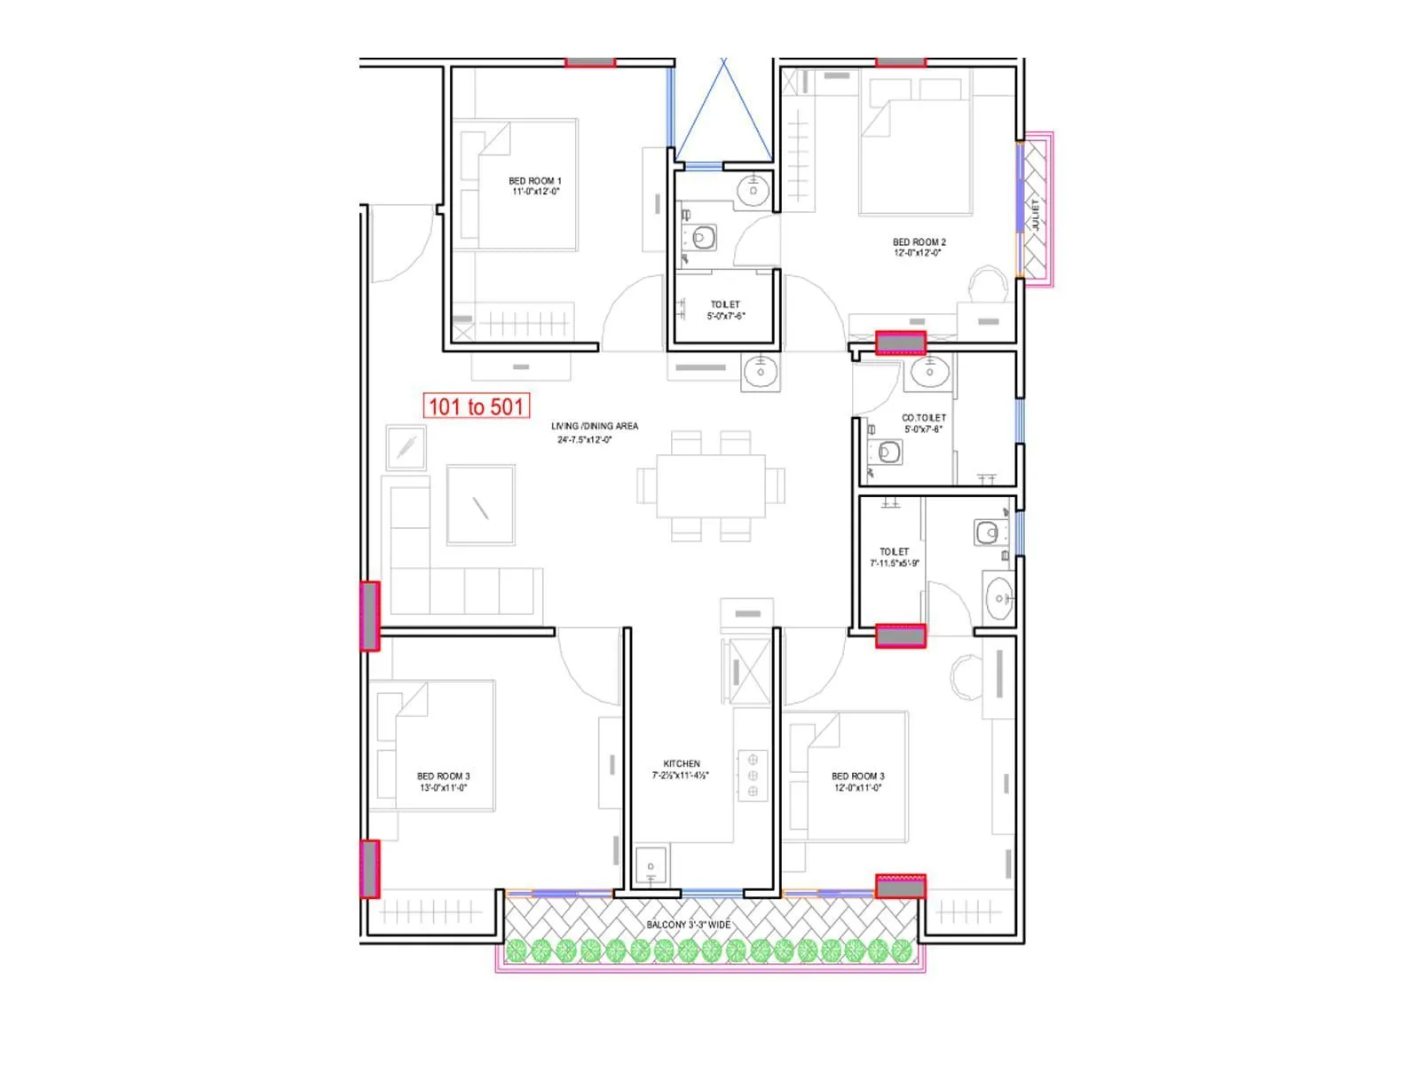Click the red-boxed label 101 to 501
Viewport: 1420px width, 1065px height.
coord(477,406)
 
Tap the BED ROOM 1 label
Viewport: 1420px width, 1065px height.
coord(534,180)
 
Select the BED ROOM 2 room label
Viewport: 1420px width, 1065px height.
coord(919,241)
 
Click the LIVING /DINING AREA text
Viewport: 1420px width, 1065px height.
coord(594,426)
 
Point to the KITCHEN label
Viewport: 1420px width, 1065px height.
coord(681,763)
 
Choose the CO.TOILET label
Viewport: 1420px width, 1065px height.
coord(923,417)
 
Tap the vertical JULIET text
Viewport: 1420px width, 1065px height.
coord(1035,215)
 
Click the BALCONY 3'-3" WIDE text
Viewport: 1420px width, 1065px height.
coord(688,925)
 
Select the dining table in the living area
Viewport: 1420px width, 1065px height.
coord(710,485)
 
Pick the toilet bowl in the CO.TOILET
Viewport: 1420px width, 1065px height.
coord(888,453)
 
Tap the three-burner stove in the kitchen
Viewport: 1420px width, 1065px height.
coord(753,776)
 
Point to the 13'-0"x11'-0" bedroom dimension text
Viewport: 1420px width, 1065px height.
coord(443,788)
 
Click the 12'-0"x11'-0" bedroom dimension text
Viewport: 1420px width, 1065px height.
coord(857,788)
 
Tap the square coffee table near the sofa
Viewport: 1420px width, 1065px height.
coord(480,504)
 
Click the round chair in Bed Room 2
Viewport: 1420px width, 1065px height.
coord(988,286)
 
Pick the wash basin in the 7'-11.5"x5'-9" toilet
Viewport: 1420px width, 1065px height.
coord(998,598)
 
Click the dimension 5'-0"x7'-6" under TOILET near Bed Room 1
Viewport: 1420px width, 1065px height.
coord(725,316)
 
